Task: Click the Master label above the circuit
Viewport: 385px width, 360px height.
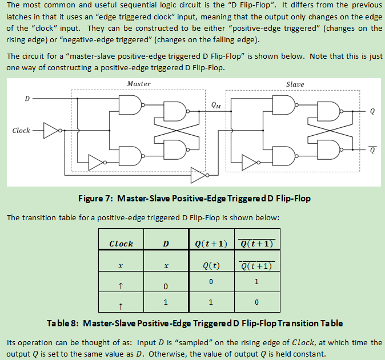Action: (139, 84)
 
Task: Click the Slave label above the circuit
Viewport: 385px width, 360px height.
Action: (295, 84)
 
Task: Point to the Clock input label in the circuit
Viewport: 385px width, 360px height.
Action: (21, 131)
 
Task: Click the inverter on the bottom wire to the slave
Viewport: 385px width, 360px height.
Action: (198, 173)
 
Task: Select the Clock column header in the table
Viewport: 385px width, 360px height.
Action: (121, 244)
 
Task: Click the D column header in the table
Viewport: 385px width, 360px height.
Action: (166, 244)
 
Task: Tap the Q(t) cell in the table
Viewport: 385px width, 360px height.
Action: (211, 265)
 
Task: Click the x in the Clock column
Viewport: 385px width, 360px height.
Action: (121, 266)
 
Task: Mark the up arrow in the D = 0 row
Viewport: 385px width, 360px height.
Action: (121, 285)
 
